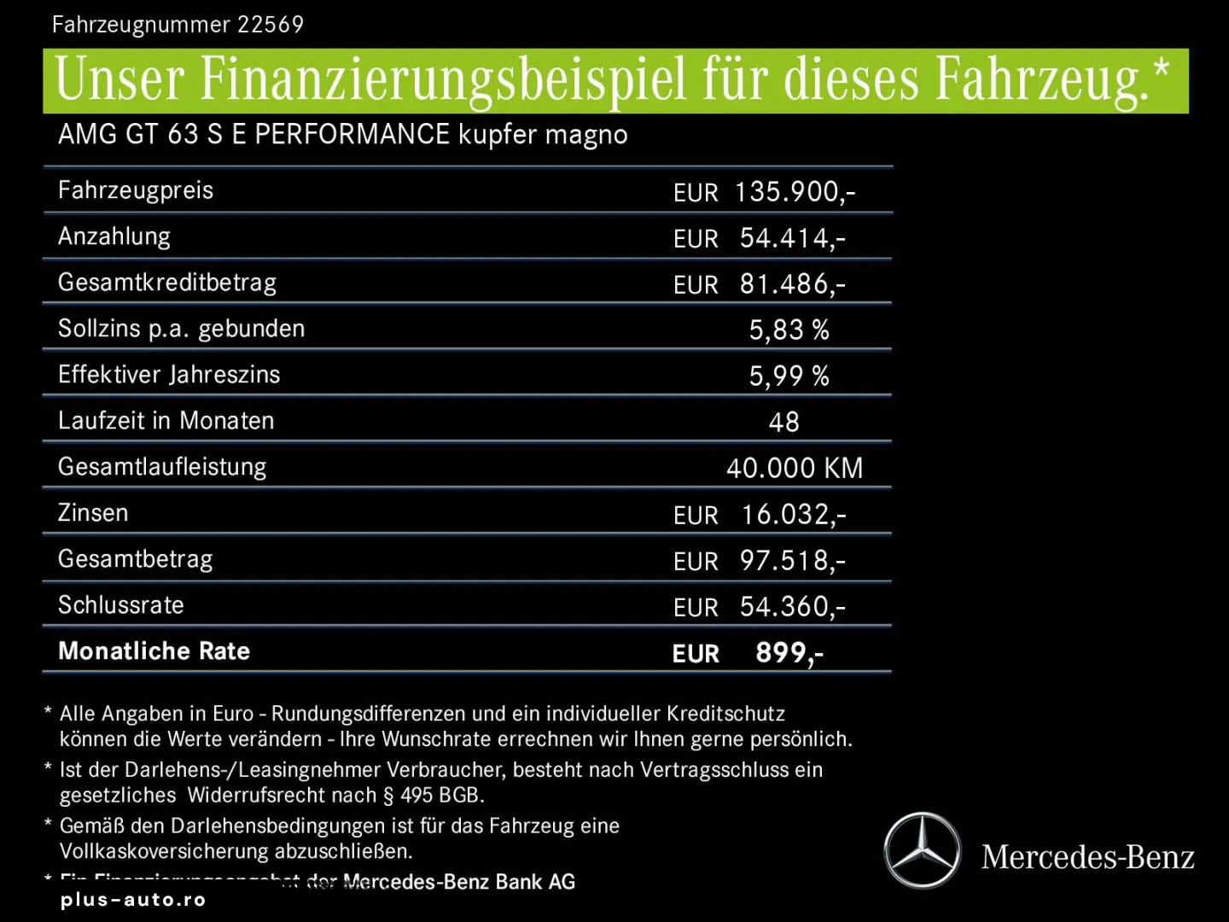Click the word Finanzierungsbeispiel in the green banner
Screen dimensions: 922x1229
443,80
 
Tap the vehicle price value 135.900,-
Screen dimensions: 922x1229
795,192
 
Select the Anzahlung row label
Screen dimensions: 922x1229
114,236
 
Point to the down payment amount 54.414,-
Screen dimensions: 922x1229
792,238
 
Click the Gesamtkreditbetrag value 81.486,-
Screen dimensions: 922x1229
792,284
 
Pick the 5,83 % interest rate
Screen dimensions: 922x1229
789,330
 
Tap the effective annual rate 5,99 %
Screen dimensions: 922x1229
789,376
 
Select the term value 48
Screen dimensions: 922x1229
783,422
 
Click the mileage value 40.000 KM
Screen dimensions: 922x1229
795,468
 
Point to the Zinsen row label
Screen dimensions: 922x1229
93,513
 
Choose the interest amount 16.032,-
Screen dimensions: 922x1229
793,515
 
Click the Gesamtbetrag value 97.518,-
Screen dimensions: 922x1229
792,561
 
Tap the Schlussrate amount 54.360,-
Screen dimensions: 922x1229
792,607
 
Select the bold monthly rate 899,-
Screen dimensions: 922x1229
789,653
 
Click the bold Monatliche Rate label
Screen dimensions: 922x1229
154,651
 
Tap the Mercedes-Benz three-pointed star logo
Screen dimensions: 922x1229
922,850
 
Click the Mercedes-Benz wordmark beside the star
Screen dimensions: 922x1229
1087,857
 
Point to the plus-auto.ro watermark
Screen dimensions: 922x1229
133,900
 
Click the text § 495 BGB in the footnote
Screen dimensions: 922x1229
434,796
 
